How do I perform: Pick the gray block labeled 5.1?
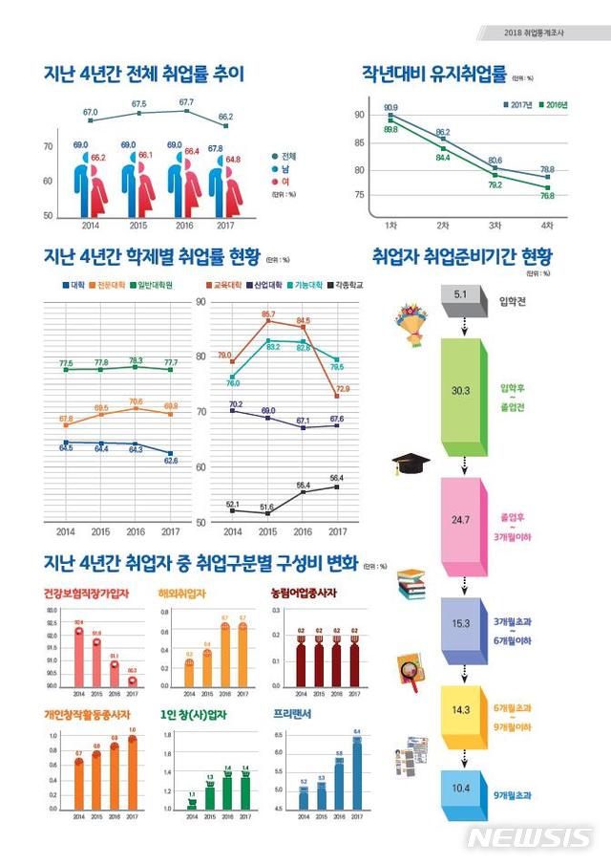click(x=461, y=297)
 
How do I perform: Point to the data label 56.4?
click(x=337, y=478)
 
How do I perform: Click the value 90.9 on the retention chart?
click(x=390, y=108)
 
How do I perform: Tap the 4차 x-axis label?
click(x=546, y=225)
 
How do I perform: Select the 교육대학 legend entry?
click(x=228, y=285)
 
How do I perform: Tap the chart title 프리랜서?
click(x=291, y=714)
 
